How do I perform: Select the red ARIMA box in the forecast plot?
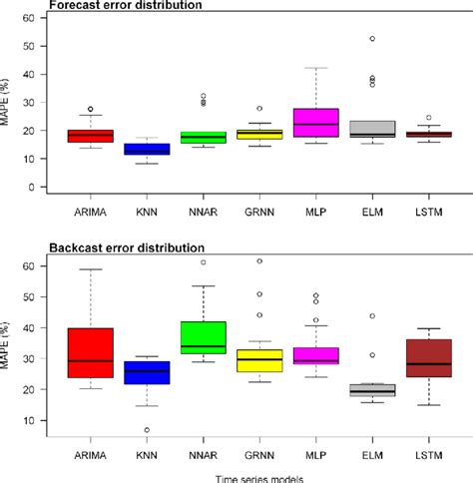tap(91, 135)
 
